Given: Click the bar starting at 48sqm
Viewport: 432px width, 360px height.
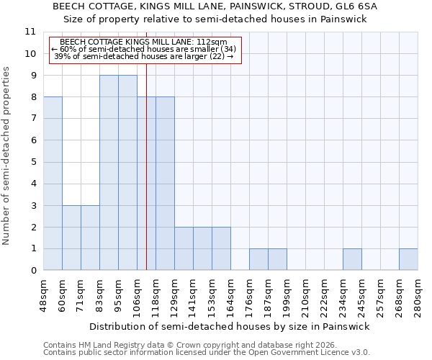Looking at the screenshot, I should tap(53, 184).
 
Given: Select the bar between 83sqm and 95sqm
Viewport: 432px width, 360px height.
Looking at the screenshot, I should tap(109, 173).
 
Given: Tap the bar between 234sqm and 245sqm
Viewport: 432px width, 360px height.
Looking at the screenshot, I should tap(352, 260).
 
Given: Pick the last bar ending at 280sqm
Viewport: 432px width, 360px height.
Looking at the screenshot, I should tap(408, 260).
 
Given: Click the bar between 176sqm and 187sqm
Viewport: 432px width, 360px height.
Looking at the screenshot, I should tap(258, 260).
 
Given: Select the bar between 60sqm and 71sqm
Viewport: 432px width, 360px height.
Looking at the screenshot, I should tap(71, 238).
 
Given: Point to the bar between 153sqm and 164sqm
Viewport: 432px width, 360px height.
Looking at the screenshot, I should tap(221, 249).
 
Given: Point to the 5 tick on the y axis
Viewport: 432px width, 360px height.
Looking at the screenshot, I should tap(32, 162).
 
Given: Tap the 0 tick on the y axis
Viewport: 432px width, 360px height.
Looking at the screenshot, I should tap(32, 271).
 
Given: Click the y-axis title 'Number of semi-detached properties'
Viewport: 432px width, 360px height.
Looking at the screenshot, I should tap(6, 156).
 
